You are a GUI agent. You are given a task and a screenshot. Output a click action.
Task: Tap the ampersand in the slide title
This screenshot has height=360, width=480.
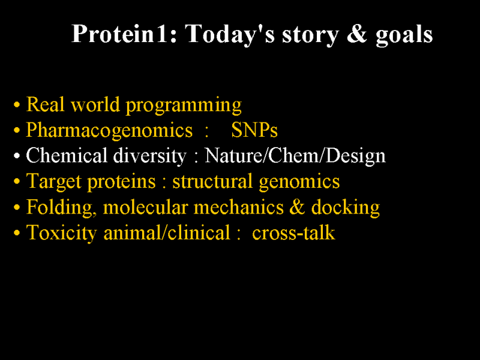point(356,34)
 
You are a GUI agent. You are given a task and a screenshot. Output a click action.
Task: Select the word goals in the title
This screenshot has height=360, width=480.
point(404,35)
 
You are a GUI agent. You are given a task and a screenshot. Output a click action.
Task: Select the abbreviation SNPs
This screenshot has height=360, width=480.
point(254,130)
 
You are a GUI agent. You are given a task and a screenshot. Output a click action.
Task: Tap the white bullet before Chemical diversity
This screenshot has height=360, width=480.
point(17,156)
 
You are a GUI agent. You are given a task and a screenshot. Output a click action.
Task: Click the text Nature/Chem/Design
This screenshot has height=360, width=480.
point(295,156)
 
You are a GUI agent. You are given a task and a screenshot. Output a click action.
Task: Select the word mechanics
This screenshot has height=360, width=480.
point(239,207)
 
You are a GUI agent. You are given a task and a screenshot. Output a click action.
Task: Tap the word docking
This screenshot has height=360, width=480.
point(346,208)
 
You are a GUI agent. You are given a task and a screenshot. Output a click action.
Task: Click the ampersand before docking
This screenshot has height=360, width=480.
point(297,207)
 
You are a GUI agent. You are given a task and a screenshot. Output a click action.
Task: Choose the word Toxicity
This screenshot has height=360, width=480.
point(62,233)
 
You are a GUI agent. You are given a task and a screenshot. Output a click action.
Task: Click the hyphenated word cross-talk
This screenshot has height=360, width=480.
point(293,233)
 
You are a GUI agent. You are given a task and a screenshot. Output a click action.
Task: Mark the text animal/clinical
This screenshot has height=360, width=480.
point(167,233)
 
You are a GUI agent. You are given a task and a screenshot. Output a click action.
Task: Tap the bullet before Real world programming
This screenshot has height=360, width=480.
point(17,104)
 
